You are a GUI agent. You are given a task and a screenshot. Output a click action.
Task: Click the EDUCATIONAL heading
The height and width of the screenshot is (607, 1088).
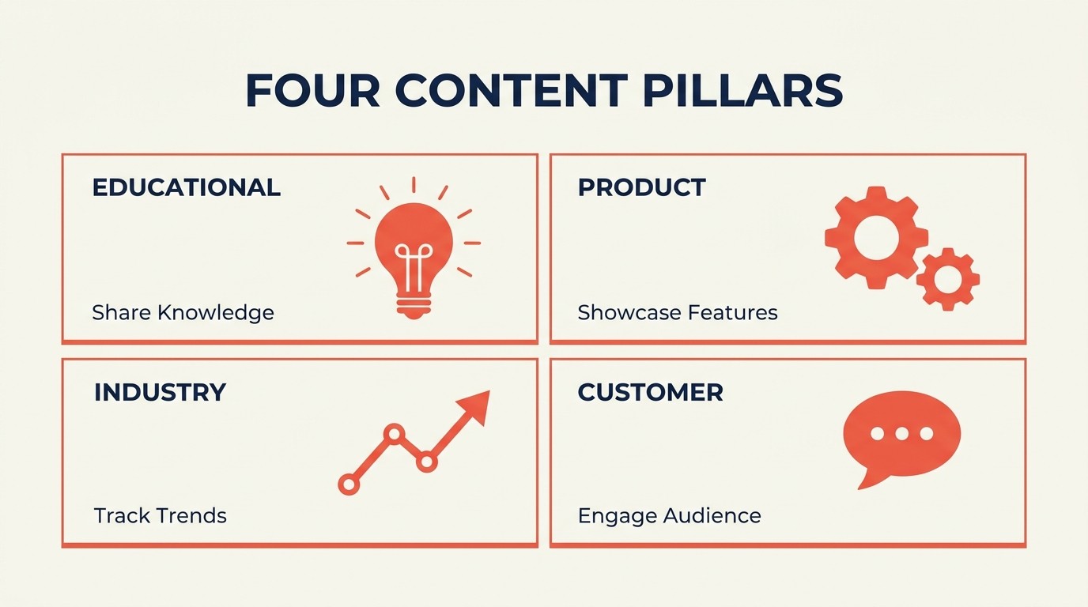point(187,187)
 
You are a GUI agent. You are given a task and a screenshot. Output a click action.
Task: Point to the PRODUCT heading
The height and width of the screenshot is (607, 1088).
point(641,187)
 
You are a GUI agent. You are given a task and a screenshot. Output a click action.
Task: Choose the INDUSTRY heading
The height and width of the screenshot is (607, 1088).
point(160,392)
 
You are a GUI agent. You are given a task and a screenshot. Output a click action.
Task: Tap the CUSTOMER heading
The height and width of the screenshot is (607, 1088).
point(650,392)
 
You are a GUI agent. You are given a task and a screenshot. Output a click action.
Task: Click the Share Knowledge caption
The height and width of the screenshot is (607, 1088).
point(183,312)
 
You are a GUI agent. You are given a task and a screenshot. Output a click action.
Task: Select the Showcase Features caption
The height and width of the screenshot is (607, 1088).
point(678,312)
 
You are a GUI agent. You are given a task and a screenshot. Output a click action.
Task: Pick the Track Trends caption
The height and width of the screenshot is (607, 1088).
point(160,516)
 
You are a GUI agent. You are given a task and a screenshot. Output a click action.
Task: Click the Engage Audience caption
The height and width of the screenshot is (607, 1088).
point(669,516)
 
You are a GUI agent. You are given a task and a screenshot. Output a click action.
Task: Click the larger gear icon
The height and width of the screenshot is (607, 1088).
point(875,237)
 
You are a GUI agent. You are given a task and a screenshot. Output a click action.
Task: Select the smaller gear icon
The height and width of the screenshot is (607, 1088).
point(947,278)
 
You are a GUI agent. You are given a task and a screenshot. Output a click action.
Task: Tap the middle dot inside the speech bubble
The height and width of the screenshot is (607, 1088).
point(901,433)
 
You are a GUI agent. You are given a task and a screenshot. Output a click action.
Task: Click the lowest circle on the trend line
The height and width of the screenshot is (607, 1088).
point(349,484)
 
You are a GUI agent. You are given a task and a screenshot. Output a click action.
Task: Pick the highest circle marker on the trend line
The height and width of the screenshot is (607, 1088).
point(393,433)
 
